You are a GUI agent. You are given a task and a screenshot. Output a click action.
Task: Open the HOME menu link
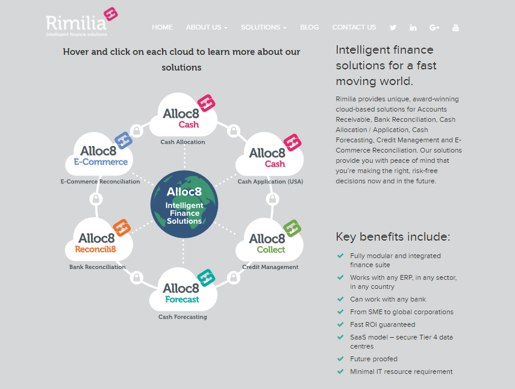[x=162, y=27]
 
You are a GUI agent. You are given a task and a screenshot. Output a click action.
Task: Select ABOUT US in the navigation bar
[x=207, y=27]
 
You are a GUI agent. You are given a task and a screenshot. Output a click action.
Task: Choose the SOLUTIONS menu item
[x=263, y=27]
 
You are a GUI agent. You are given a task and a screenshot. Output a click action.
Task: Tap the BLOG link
[x=309, y=27]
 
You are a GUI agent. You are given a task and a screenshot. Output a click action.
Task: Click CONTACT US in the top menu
[x=354, y=27]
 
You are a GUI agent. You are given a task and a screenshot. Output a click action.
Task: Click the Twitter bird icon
[x=393, y=27]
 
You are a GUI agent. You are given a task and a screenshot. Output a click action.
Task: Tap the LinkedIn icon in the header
[x=413, y=27]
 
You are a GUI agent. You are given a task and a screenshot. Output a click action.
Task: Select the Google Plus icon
[x=434, y=27]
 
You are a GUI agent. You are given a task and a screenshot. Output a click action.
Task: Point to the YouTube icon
[x=455, y=27]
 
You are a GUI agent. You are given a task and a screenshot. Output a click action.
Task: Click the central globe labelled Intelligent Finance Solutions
[x=184, y=205]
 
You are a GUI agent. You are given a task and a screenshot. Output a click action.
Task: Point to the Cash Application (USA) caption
[x=270, y=182]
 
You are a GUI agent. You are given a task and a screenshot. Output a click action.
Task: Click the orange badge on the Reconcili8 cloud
[x=122, y=227]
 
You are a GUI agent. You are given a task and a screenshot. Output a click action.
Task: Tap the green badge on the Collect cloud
[x=292, y=228]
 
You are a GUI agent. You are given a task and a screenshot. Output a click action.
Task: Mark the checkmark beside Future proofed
[x=341, y=359]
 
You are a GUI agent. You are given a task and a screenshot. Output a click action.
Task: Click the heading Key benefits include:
[x=393, y=236]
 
